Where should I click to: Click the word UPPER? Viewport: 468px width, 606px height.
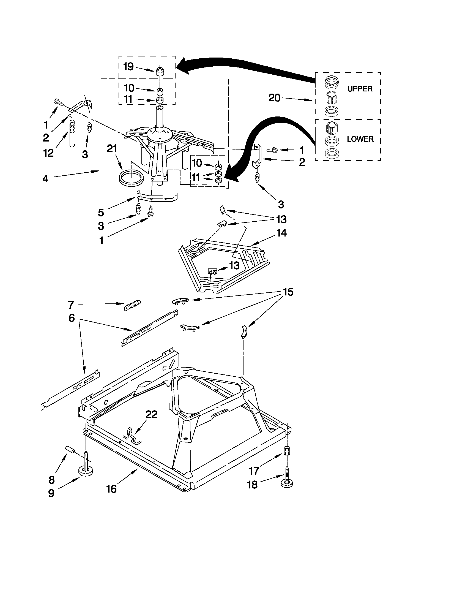point(360,89)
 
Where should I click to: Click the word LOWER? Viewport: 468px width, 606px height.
point(360,139)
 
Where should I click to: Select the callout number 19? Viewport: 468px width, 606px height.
point(128,67)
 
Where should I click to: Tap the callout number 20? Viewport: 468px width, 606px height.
point(274,98)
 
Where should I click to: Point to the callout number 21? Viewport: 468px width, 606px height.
point(112,149)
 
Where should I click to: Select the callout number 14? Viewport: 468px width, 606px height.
point(281,233)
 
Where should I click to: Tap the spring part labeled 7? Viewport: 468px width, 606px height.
point(133,305)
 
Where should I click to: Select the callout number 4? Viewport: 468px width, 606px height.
point(45,179)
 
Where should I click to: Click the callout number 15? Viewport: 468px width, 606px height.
point(288,292)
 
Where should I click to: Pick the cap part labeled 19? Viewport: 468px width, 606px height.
point(159,71)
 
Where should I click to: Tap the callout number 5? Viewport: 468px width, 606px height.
point(101,213)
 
